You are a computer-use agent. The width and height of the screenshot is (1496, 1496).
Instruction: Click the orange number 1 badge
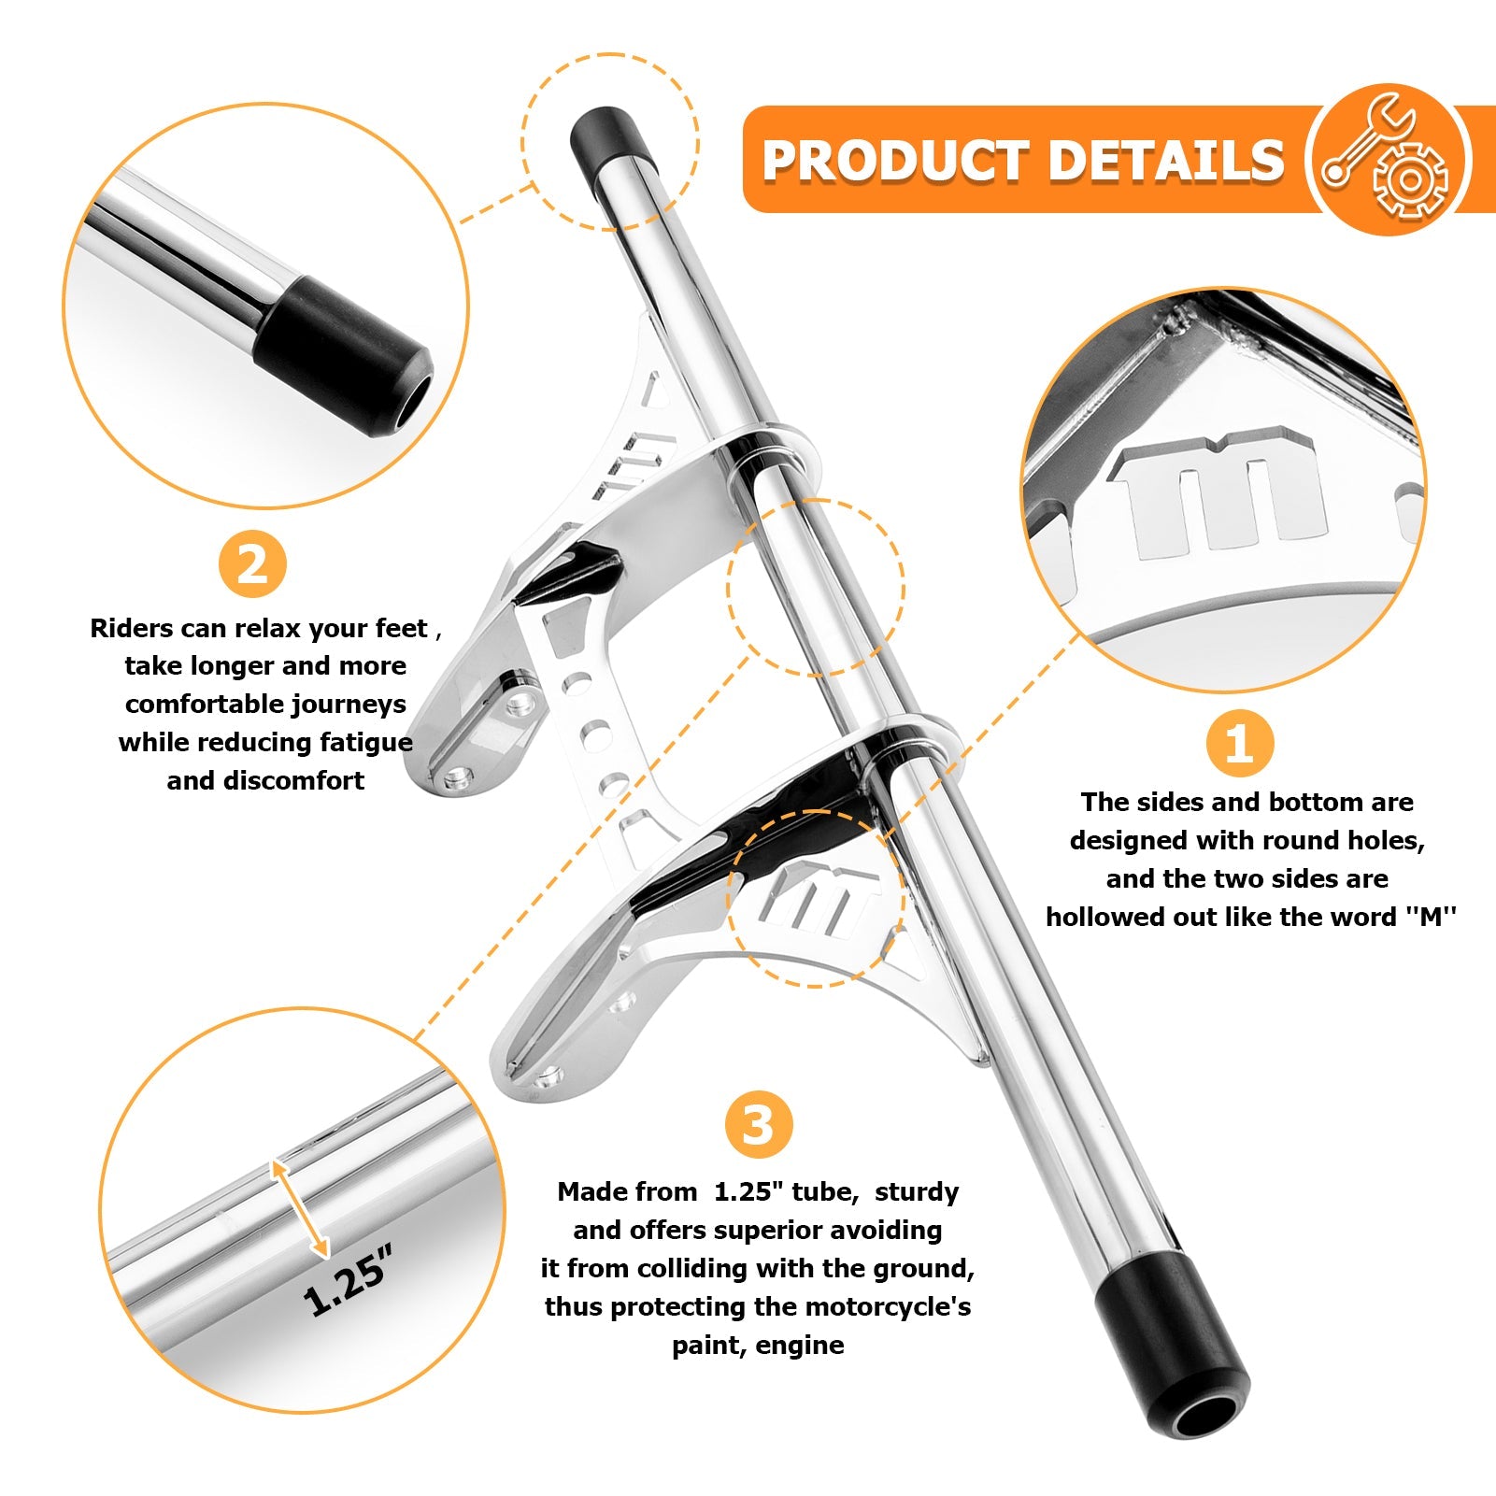(1238, 744)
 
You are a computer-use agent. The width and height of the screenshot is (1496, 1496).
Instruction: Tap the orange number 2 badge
(252, 564)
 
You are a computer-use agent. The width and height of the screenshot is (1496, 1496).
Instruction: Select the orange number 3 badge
(759, 1125)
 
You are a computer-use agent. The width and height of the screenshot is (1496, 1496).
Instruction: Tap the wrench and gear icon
(1387, 158)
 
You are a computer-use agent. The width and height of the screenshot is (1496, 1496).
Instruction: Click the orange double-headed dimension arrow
(299, 1207)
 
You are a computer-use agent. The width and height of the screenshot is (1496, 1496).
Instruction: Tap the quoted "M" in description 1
(1432, 917)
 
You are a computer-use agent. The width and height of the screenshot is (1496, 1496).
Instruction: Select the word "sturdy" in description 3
(917, 1192)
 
